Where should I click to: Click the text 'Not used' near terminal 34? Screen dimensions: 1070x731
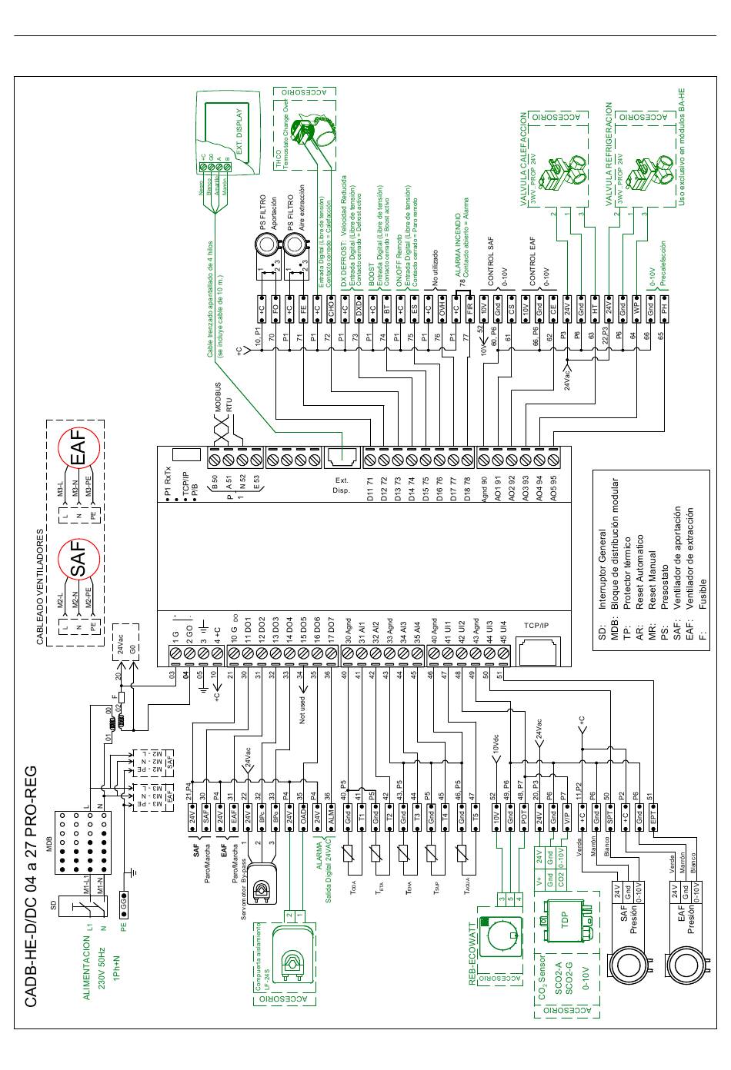pos(303,709)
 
